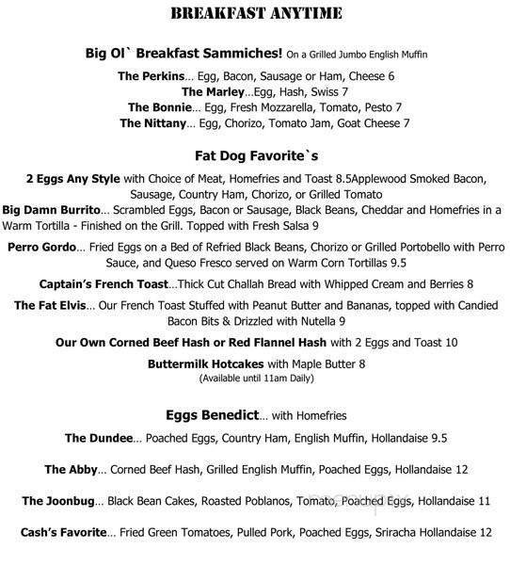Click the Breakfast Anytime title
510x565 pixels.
click(254, 12)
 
